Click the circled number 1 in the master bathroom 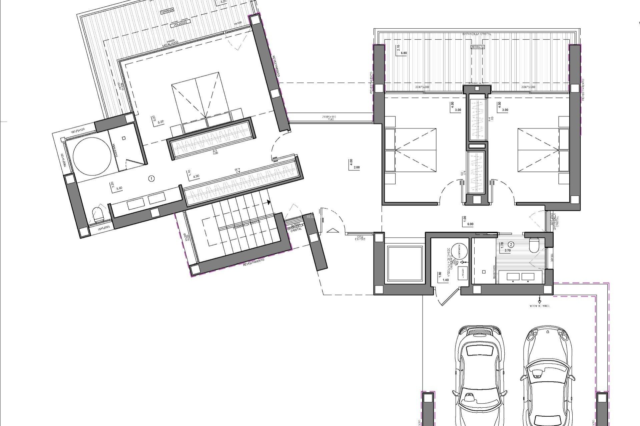point(152,179)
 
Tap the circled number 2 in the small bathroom point(511,244)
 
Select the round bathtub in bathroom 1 point(92,156)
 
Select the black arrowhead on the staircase point(268,202)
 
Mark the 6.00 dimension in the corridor point(470,224)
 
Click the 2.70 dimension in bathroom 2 point(508,251)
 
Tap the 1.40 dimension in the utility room point(446,280)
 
